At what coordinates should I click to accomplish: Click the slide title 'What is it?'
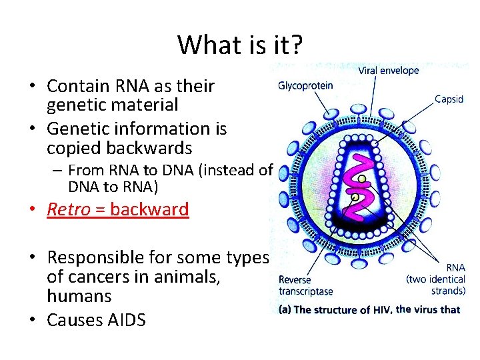240,45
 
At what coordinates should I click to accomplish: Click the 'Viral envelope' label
389,71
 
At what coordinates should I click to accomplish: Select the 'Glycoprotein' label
305,85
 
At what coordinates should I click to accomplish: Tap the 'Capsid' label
449,99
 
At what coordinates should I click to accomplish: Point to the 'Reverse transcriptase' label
305,285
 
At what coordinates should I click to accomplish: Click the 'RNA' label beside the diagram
455,267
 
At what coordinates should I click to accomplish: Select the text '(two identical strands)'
435,285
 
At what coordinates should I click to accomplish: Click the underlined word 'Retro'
68,209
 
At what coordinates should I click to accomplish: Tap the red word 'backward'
149,209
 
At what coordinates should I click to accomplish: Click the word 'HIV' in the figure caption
381,309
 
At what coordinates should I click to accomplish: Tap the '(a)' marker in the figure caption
285,309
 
